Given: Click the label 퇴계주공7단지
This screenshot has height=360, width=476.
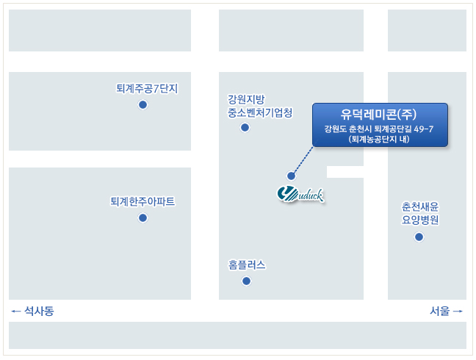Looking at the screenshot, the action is pos(147,89).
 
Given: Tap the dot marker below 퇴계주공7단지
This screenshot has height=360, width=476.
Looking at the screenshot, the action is pos(143,105).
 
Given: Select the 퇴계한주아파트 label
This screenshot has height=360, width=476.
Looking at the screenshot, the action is pos(143,201).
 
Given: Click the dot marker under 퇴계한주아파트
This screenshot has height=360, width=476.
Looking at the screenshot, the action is pos(143,217).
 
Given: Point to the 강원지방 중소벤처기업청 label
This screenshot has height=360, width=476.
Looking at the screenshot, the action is pos(260,106).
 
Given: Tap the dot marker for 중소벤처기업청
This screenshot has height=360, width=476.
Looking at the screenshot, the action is pos(245,128).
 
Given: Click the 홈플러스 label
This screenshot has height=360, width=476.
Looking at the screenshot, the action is pos(247,264).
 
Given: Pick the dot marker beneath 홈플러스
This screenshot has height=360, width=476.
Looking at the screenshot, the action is pos(246,281).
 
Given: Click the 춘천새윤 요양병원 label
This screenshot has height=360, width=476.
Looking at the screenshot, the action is pos(420,213).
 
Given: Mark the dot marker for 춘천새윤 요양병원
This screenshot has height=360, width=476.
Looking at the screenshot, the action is pos(419,237).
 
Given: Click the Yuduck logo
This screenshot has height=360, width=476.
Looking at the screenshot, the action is pos(300,195).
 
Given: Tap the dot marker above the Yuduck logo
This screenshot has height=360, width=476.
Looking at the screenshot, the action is pos(291,176).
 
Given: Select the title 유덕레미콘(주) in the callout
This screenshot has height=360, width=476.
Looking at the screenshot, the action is pos(378,114).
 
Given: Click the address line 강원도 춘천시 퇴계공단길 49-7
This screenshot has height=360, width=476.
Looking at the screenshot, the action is pos(379,129).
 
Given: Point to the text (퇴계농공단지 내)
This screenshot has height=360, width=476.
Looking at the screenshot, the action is pos(379,139).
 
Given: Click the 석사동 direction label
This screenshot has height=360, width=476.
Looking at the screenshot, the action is pos(39,311).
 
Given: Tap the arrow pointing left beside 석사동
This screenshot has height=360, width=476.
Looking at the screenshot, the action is pos(15,311).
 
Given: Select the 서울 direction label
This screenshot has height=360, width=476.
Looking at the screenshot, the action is pos(439,311).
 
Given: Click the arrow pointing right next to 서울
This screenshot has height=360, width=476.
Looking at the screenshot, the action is pos(458,311).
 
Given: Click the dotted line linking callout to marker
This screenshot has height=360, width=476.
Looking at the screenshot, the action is pos(303,160).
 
